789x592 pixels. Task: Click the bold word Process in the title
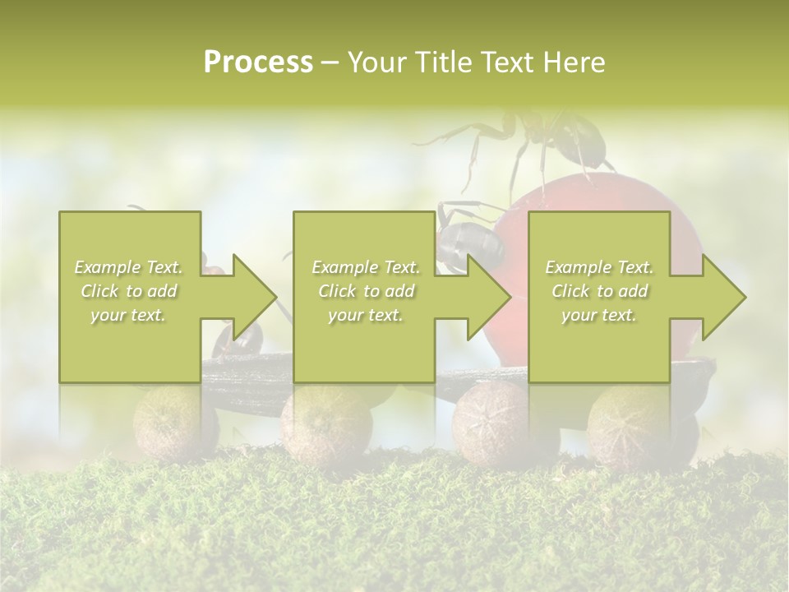tap(258, 62)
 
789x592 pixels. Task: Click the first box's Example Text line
tap(129, 267)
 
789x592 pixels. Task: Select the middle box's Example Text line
tap(366, 267)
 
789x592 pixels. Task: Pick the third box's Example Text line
tap(599, 267)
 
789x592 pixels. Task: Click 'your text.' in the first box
tap(129, 315)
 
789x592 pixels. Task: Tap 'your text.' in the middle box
tap(366, 315)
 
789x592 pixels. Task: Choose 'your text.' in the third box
tap(599, 315)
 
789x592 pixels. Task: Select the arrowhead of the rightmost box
tap(723, 297)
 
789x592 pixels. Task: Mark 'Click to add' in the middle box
tap(366, 291)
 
